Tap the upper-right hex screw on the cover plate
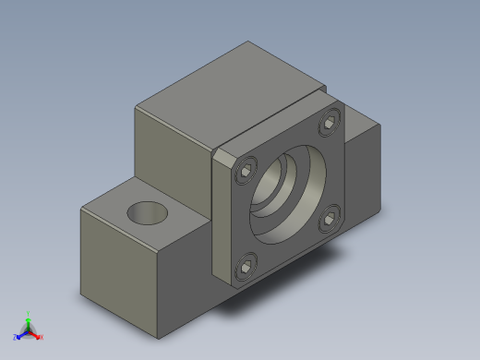330,122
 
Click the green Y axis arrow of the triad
28,319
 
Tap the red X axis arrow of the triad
37,335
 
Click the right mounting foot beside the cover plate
365,171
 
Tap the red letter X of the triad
42,337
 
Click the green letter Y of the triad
29,313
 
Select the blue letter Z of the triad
16,337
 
